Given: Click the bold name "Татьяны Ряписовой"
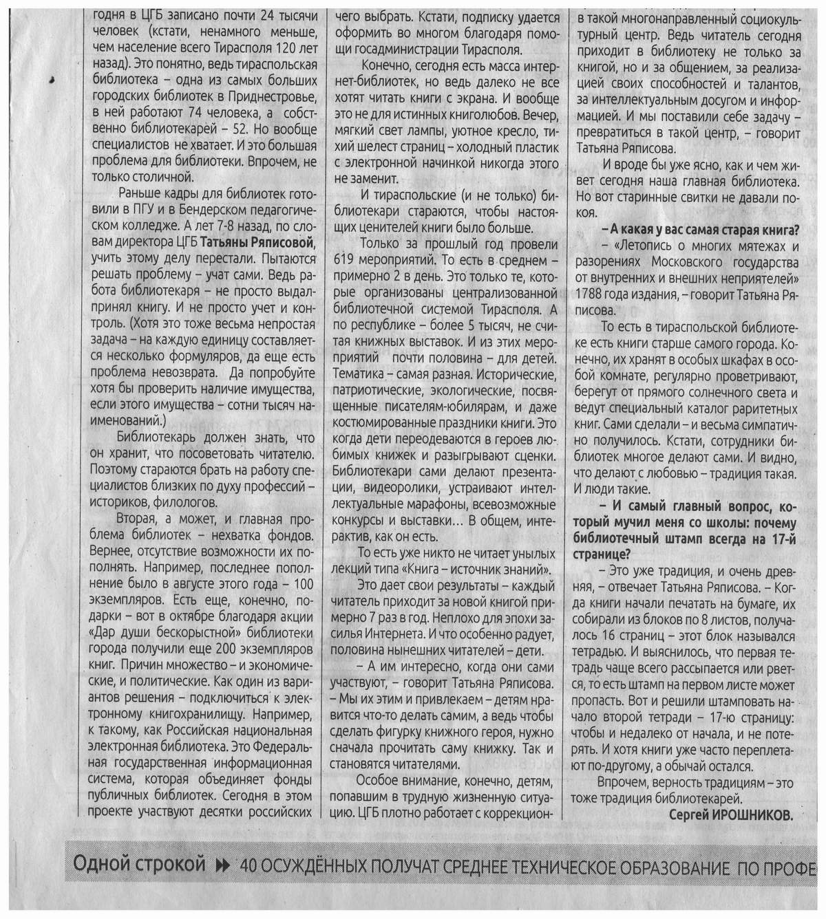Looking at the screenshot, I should pyautogui.click(x=259, y=243).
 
